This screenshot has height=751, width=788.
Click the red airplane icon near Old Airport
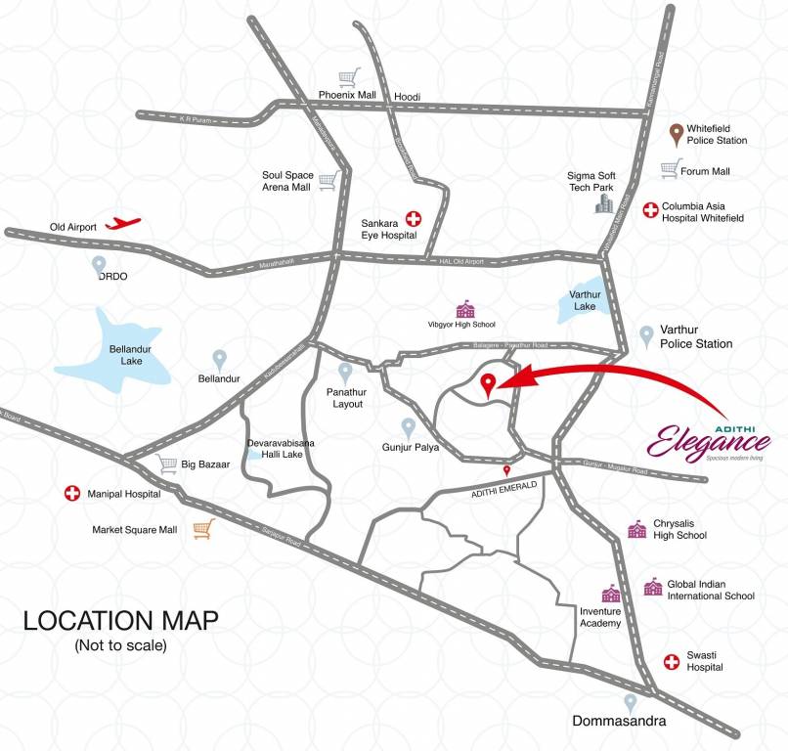pyautogui.click(x=122, y=224)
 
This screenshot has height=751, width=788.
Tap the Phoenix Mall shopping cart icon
pyautogui.click(x=348, y=76)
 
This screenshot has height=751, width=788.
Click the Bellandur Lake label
pyautogui.click(x=126, y=355)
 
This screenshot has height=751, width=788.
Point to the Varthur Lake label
pyautogui.click(x=585, y=300)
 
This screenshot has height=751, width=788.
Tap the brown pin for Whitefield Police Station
pyautogui.click(x=676, y=133)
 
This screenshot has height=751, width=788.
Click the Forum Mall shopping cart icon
pyautogui.click(x=670, y=169)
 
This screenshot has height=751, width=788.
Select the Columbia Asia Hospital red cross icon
pyautogui.click(x=650, y=209)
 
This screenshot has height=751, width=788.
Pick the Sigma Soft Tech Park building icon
pyautogui.click(x=606, y=201)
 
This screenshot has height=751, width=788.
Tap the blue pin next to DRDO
pyautogui.click(x=99, y=263)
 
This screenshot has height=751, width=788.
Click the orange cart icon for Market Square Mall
pyautogui.click(x=202, y=529)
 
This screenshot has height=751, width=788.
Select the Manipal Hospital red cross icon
pyautogui.click(x=71, y=494)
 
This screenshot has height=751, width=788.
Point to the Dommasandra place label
pyautogui.click(x=619, y=723)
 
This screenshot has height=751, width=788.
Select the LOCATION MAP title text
pyautogui.click(x=121, y=620)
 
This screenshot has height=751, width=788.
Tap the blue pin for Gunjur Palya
pyautogui.click(x=409, y=427)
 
